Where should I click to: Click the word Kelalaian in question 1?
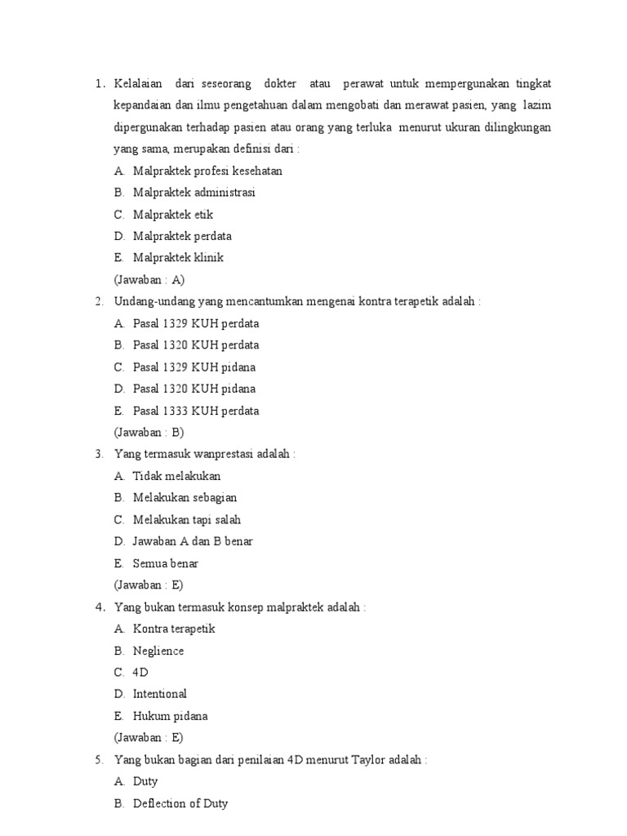[138, 84]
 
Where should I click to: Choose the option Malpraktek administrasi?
[194, 193]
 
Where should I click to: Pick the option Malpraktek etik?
[173, 215]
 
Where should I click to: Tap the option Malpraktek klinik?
[178, 258]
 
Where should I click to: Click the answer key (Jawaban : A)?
[149, 279]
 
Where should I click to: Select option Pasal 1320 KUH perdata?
[196, 345]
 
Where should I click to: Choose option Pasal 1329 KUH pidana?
[193, 367]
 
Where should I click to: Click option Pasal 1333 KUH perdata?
[196, 411]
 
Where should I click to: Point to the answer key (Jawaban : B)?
[149, 432]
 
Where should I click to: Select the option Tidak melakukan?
[177, 476]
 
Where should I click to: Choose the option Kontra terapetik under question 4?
[174, 629]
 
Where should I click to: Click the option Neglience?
[158, 651]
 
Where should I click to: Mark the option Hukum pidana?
[171, 716]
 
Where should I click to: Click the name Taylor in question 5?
[371, 759]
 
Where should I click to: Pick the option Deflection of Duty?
[180, 803]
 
